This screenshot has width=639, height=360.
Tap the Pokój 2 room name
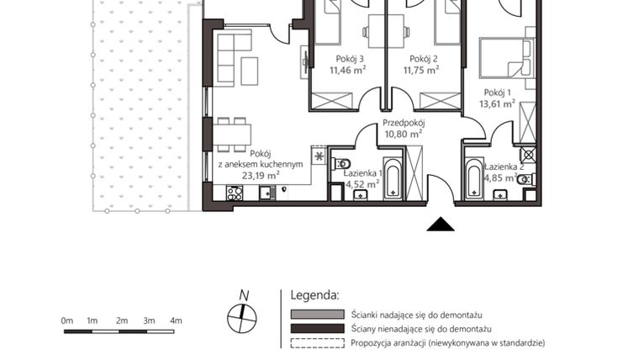click(425, 59)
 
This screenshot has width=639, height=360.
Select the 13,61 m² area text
click(498, 105)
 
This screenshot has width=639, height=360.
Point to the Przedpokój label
click(403, 120)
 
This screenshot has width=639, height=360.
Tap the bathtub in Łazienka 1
click(393, 178)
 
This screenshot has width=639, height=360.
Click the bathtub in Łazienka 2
click(473, 180)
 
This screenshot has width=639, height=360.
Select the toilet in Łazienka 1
click(342, 163)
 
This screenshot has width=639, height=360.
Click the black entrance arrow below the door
click(441, 223)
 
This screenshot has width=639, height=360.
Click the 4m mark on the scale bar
click(176, 320)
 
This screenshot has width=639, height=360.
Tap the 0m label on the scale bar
click(67, 320)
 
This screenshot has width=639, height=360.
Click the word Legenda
click(314, 296)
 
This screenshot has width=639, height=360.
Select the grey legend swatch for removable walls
click(317, 314)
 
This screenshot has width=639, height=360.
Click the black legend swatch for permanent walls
click(317, 328)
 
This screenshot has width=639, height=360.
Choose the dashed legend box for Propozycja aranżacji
click(317, 343)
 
